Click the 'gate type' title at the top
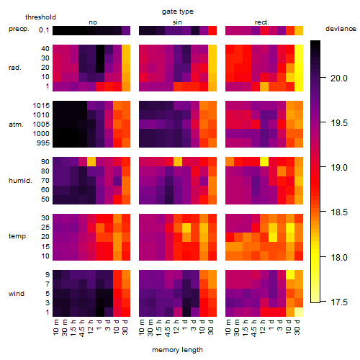coord(178,12)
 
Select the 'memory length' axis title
coord(177,350)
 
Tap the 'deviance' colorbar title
coord(341,29)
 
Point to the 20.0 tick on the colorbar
coord(339,78)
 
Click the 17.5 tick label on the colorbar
coord(339,302)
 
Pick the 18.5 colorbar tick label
coord(339,212)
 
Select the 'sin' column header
coord(177,22)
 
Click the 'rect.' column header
coord(262,22)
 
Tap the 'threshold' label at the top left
coord(40,17)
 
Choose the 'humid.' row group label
coord(20,181)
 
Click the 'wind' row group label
coord(17,294)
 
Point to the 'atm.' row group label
coord(16,125)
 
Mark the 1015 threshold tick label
coord(41,106)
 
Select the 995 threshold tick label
coord(43,143)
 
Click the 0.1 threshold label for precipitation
coord(44,30)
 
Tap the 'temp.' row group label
coord(18,236)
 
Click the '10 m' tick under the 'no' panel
coord(57,328)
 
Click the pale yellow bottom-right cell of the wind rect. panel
coord(299,312)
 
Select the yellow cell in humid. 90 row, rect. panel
coord(264,162)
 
